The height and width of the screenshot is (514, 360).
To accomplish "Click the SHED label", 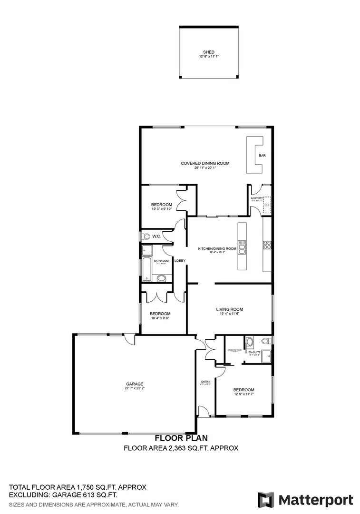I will point(208,52).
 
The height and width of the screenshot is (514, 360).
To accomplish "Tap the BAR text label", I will point(262,156).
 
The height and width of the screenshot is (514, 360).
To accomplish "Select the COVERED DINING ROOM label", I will point(205,163).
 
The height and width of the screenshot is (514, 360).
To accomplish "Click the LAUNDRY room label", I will point(257,198).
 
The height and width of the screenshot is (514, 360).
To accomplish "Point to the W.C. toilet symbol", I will point(146,236).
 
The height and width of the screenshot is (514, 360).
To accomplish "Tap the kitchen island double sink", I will point(242,247).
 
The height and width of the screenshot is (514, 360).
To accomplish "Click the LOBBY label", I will point(180,260).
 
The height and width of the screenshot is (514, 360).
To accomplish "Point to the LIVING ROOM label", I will point(230,309).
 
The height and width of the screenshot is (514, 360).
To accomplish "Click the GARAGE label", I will point(135,384).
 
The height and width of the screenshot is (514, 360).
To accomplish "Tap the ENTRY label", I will point(205,381).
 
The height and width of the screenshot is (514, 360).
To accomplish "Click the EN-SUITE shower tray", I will point(267,355).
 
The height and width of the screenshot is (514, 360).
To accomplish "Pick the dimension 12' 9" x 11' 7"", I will point(244,394).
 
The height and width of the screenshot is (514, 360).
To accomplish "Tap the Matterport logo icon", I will point(265,500).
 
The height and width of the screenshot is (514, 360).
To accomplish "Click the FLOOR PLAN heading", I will point(181,438).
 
